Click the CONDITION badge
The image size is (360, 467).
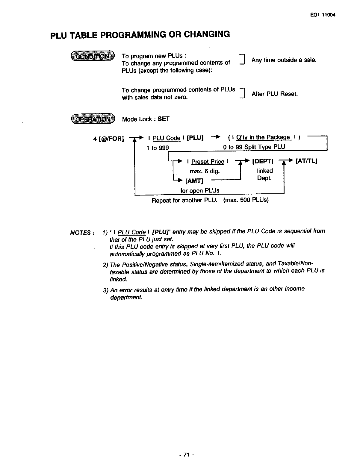[92, 56]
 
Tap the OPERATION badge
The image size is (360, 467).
[93, 119]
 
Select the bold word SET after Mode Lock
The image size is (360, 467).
[164, 119]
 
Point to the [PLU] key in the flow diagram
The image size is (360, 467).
[195, 138]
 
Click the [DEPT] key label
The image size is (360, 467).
[263, 161]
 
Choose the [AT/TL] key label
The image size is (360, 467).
[306, 161]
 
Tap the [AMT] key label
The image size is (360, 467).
[194, 181]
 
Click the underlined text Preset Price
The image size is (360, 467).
[208, 162]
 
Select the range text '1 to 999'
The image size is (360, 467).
[158, 148]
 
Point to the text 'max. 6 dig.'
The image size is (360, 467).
[205, 172]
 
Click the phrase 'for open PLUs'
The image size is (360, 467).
[200, 190]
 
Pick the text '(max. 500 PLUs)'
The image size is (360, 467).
[246, 200]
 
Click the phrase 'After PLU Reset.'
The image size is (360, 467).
[275, 94]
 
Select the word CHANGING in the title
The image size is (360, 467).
[207, 34]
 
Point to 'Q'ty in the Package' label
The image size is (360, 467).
[263, 137]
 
